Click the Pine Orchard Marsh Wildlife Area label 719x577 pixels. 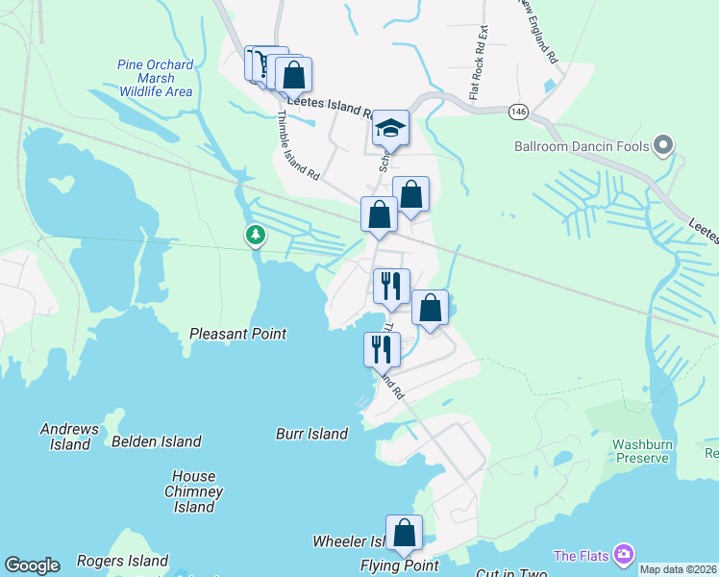pyautogui.click(x=156, y=79)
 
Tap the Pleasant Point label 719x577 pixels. pyautogui.click(x=237, y=334)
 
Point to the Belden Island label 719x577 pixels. pyautogui.click(x=157, y=441)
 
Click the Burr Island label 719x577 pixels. pyautogui.click(x=311, y=434)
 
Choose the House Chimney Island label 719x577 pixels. pyautogui.click(x=195, y=491)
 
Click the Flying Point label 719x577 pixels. pyautogui.click(x=400, y=565)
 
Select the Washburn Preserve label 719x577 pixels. pyautogui.click(x=640, y=451)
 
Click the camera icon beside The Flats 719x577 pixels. pyautogui.click(x=625, y=554)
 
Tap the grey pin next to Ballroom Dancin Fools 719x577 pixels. pyautogui.click(x=662, y=146)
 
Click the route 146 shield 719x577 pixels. pyautogui.click(x=518, y=112)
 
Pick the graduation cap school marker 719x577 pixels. pyautogui.click(x=391, y=128)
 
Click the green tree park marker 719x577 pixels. pyautogui.click(x=255, y=235)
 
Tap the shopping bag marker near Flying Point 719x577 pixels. pyautogui.click(x=405, y=533)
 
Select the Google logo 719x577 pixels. pyautogui.click(x=32, y=565)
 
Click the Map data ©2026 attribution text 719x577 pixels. pyautogui.click(x=679, y=569)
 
